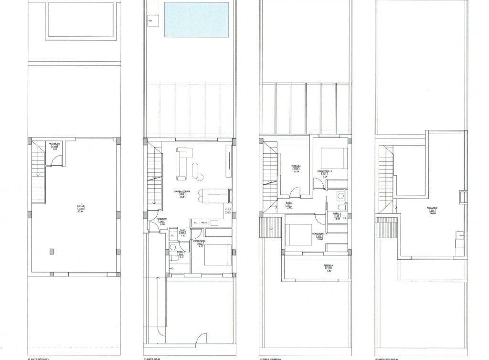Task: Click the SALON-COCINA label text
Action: coord(182,191)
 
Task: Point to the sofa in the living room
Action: coord(181,164)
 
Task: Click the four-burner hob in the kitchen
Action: coord(229,211)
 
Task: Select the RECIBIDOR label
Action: coord(161,219)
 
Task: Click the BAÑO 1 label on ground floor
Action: coord(181,252)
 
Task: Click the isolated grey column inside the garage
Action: coord(51,252)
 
